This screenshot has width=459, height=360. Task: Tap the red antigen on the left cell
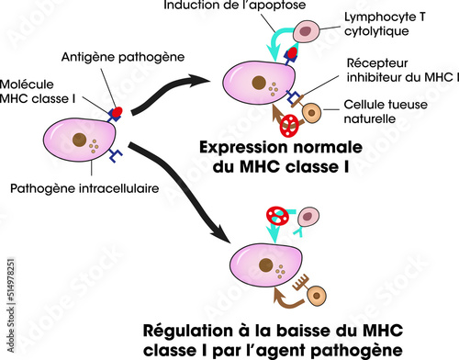click(118, 113)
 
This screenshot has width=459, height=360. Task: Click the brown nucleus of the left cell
click(82, 142)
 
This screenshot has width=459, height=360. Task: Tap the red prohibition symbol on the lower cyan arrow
click(276, 217)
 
